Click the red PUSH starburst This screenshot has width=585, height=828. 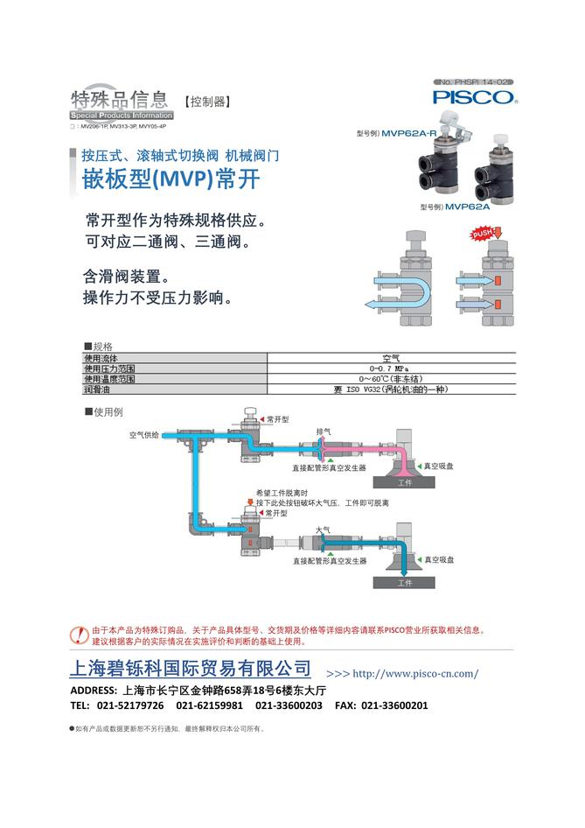tap(484, 235)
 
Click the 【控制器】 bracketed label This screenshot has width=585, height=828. tap(207, 102)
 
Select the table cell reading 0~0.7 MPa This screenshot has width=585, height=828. tap(390, 368)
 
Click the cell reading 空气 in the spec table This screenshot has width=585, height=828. tap(390, 358)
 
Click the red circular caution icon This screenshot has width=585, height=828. tap(80, 634)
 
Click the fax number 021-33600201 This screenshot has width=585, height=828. tap(394, 705)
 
